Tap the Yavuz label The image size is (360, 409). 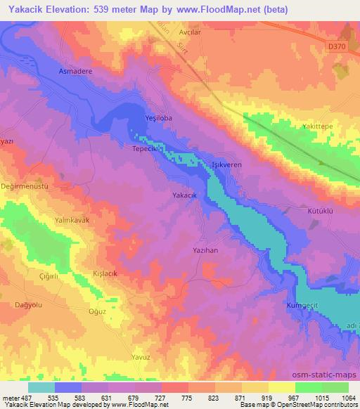141,357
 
